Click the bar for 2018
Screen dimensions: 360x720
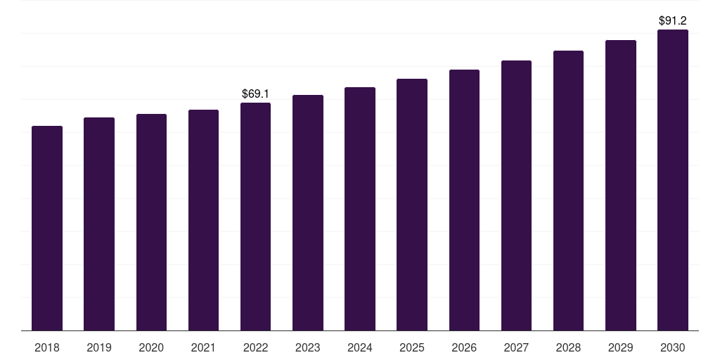[47, 229]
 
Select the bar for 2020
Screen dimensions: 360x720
[151, 222]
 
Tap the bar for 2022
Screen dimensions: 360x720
[255, 217]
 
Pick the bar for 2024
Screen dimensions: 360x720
[360, 209]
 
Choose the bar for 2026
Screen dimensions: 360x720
[464, 200]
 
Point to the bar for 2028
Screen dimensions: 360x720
[568, 191]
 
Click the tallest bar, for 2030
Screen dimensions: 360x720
[673, 180]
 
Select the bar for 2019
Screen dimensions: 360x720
[99, 224]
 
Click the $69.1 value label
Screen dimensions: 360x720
[255, 94]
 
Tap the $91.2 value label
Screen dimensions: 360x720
[673, 20]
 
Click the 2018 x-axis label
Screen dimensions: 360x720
[47, 347]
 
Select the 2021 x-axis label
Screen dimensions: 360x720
[203, 347]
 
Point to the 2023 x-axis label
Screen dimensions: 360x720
[308, 347]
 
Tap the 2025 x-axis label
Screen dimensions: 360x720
[412, 347]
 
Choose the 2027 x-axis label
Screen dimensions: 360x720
[516, 347]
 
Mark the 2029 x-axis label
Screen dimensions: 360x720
[621, 347]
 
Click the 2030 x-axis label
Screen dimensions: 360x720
[673, 347]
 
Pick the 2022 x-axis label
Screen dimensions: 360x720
[255, 347]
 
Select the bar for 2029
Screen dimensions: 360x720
[621, 186]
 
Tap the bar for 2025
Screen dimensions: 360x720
[412, 205]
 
